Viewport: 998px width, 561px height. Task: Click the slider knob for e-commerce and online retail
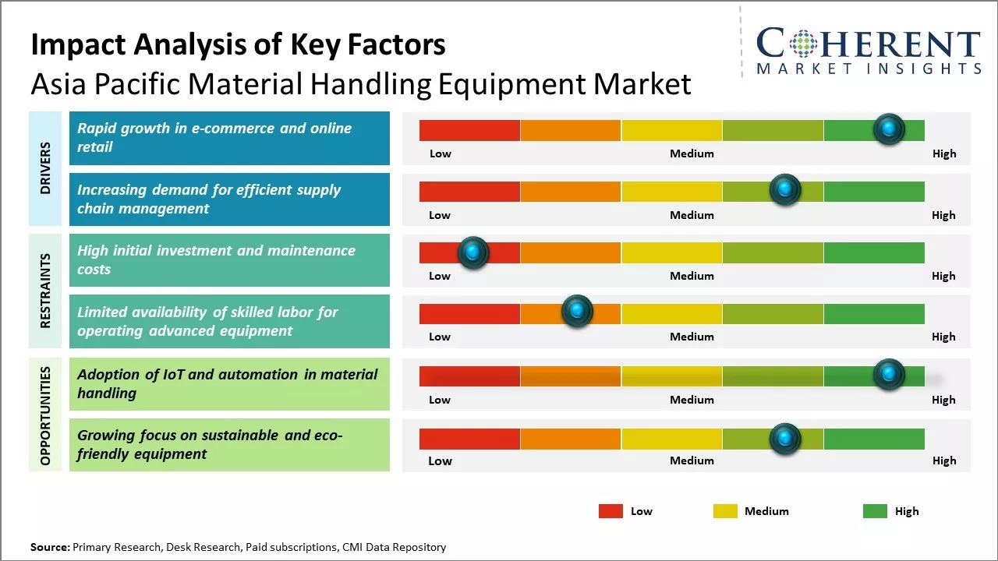click(x=889, y=129)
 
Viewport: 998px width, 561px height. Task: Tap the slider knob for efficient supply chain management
click(x=785, y=190)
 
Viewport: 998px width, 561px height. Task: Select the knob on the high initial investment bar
click(x=472, y=252)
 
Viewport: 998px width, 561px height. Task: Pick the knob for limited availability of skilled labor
click(x=577, y=312)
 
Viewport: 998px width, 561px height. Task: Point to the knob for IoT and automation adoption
click(x=889, y=375)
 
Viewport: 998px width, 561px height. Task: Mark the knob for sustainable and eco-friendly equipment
click(x=785, y=439)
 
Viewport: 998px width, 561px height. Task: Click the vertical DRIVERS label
click(x=45, y=168)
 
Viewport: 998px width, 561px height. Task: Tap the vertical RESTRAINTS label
click(x=45, y=291)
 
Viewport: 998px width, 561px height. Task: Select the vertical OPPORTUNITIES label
click(x=45, y=415)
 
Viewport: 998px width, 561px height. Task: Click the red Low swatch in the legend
click(x=610, y=511)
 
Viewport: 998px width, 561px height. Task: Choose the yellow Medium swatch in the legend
click(x=725, y=511)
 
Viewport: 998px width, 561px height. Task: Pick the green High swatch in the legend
click(x=875, y=511)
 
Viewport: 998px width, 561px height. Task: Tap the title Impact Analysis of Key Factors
click(x=238, y=44)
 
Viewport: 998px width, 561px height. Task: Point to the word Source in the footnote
click(x=49, y=547)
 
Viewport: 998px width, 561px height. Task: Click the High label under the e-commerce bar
click(x=943, y=153)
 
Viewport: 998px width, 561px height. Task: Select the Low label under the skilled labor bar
click(x=440, y=337)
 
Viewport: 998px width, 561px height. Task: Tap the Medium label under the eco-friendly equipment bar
click(x=692, y=460)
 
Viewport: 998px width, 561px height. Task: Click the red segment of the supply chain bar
click(x=469, y=191)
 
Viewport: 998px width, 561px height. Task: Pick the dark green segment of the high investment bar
click(x=873, y=252)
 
